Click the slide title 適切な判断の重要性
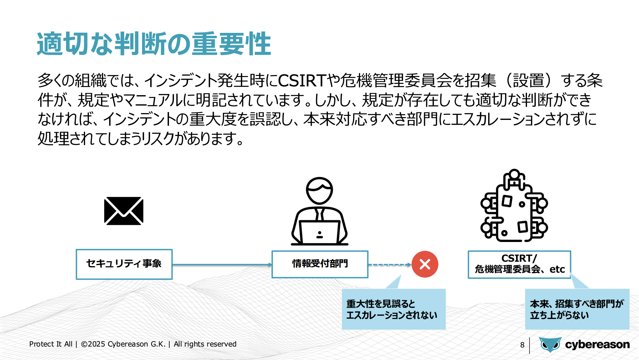pyautogui.click(x=154, y=44)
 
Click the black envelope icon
pyautogui.click(x=124, y=211)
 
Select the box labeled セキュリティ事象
pyautogui.click(x=124, y=264)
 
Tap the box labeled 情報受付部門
pyautogui.click(x=320, y=264)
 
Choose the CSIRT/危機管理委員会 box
pyautogui.click(x=519, y=265)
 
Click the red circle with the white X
pyautogui.click(x=425, y=264)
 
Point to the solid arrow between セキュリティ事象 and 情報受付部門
pyautogui.click(x=222, y=265)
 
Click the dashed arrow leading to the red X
pyautogui.click(x=390, y=265)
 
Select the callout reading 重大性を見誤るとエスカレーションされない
pyautogui.click(x=394, y=309)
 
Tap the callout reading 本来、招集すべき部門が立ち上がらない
pyautogui.click(x=577, y=309)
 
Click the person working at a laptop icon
pyautogui.click(x=319, y=211)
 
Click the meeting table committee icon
pyautogui.click(x=514, y=205)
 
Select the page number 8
pyautogui.click(x=522, y=345)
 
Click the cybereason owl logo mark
pyautogui.click(x=550, y=345)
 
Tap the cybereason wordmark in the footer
pyautogui.click(x=597, y=345)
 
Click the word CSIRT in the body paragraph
pyautogui.click(x=302, y=80)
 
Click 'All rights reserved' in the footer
pyautogui.click(x=205, y=344)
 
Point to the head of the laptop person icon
pyautogui.click(x=319, y=191)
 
